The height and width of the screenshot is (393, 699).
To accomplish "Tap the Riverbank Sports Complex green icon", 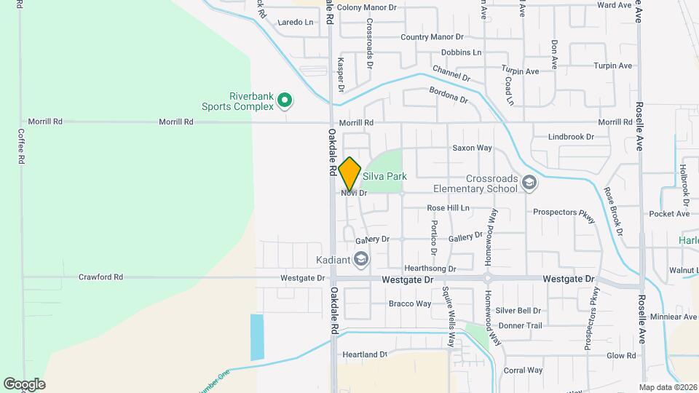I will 285,100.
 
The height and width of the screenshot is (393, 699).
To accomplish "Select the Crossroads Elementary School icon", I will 529,183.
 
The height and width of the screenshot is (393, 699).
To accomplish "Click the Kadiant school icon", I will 360,259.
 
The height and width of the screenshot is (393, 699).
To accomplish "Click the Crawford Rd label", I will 100,277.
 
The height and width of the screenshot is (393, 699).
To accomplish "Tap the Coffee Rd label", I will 20,146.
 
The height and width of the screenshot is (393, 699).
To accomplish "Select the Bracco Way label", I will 410,303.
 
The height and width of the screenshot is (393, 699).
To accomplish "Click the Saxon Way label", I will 473,148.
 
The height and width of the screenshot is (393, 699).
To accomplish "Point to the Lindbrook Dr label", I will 572,136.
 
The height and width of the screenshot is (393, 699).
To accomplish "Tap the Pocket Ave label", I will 669,214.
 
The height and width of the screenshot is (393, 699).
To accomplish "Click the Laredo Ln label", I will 296,23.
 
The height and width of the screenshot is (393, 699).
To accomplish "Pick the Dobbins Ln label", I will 462,52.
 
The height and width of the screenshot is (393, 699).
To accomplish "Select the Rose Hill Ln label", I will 448,208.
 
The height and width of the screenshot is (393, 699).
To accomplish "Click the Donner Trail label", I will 521,325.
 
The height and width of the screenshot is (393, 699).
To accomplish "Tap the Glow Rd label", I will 621,356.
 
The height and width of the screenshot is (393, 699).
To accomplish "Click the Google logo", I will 24,384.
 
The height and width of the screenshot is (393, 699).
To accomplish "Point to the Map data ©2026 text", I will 667,387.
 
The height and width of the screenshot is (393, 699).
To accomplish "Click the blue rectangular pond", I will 258,337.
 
